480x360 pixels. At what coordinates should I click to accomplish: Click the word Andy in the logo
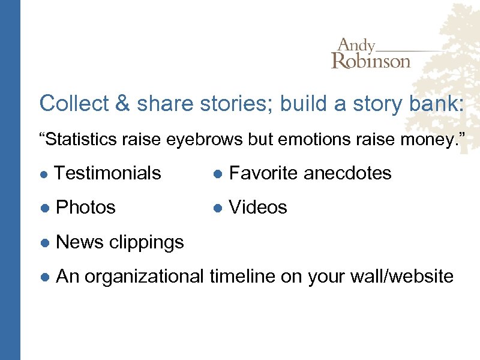pos(356,46)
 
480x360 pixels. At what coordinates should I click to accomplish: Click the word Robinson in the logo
pos(371,61)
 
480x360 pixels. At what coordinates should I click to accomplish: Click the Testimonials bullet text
pos(107,173)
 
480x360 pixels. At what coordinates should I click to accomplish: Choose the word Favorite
pos(264,173)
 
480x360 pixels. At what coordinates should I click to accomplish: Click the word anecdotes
pos(347,173)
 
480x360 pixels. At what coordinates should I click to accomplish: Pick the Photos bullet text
pos(85,207)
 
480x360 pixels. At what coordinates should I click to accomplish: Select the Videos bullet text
pos(258,207)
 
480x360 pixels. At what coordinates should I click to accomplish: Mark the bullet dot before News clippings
pos(44,242)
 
